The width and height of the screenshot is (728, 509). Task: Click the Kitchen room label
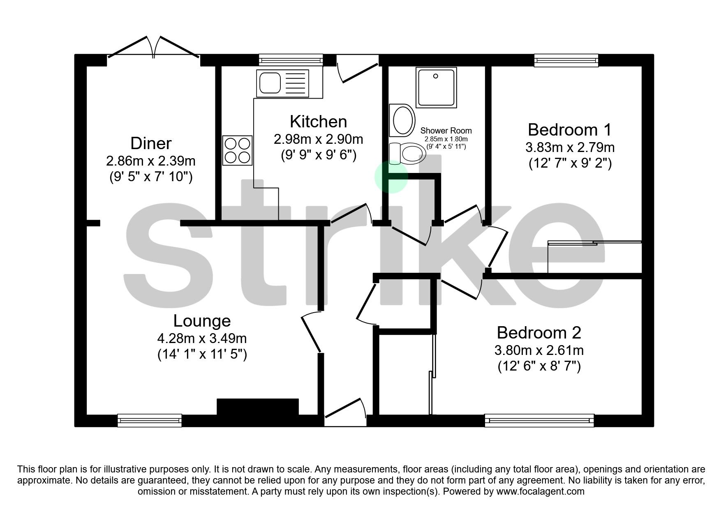(x=318, y=122)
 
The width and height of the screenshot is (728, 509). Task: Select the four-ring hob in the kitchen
(x=237, y=150)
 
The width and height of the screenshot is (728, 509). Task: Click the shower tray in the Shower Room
(x=436, y=88)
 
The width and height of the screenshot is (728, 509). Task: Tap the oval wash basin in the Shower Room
(x=402, y=120)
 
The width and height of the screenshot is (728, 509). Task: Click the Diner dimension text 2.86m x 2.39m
(x=150, y=161)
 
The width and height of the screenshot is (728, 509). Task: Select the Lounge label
(x=201, y=320)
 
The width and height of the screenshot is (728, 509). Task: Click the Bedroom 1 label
(x=569, y=130)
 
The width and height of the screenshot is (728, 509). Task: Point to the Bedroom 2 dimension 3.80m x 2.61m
(x=538, y=350)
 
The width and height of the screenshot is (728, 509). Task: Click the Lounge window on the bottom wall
(x=149, y=420)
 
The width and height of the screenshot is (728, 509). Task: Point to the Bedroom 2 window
(x=539, y=420)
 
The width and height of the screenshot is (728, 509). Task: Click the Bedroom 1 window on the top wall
(x=566, y=60)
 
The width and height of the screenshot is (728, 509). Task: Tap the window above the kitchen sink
(x=291, y=60)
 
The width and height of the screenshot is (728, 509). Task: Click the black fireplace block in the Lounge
(x=257, y=407)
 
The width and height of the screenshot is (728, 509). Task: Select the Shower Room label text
(x=446, y=131)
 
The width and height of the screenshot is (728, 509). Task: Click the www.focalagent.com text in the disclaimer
(x=540, y=491)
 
